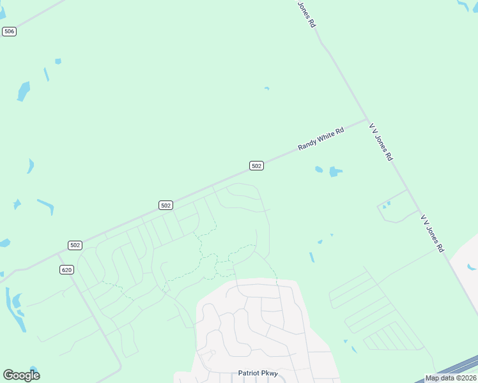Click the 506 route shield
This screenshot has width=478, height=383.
point(9,31)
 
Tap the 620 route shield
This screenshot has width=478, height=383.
point(67,270)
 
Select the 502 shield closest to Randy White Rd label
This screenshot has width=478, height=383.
point(256,166)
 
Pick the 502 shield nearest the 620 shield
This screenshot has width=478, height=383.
point(75,245)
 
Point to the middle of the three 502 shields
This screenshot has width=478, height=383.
point(166,205)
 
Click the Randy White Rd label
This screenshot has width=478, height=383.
point(321,138)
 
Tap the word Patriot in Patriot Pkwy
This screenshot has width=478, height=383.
point(249,373)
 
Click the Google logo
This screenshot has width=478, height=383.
point(21,375)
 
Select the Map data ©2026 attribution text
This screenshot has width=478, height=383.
point(451,378)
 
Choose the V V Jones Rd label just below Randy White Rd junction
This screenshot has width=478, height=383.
point(380,142)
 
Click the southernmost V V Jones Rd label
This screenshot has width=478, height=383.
point(432,234)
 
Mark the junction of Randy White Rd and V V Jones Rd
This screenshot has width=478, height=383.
point(366,119)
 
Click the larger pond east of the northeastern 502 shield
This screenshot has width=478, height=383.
point(334,172)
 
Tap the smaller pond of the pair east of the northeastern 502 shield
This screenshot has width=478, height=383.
point(319,169)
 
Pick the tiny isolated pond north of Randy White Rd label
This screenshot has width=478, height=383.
point(266,89)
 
